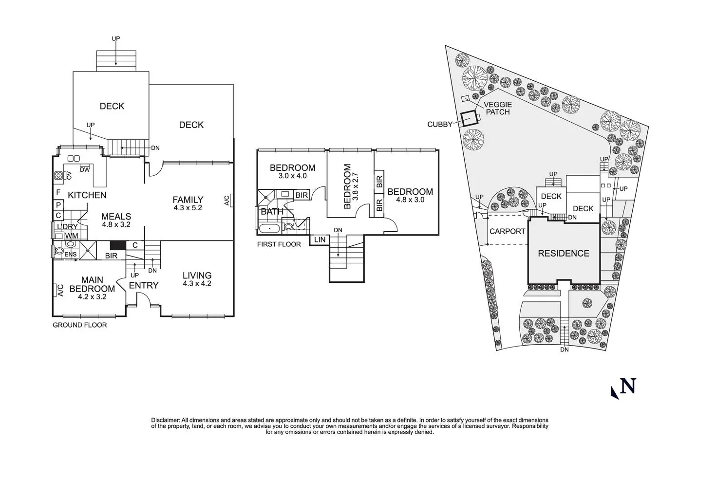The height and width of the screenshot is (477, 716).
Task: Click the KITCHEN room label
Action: click(87, 195)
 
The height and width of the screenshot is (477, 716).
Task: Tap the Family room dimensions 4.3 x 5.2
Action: click(188, 207)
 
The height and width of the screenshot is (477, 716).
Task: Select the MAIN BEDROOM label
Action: click(92, 284)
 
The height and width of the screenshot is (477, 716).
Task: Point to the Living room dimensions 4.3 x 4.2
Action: click(197, 283)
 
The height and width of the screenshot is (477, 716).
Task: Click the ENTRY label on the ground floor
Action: click(144, 285)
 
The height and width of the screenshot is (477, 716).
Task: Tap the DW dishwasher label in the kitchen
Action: click(85, 170)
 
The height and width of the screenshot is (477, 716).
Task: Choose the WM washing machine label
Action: click(72, 236)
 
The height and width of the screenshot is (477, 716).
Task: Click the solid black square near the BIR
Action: click(118, 246)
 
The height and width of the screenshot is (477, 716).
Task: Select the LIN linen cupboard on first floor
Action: click(320, 239)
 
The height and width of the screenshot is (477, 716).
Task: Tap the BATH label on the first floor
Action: click(272, 212)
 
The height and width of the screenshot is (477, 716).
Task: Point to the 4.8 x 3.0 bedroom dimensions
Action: click(410, 200)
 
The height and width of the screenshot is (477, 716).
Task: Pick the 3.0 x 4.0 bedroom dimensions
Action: click(292, 176)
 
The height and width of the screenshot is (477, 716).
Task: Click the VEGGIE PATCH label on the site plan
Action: click(497, 108)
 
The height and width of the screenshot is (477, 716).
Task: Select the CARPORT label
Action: click(507, 231)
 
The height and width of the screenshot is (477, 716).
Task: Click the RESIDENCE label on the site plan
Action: click(564, 253)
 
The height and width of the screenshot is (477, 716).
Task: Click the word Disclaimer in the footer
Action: click(166, 420)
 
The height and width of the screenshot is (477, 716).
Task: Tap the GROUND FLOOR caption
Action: click(79, 325)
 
